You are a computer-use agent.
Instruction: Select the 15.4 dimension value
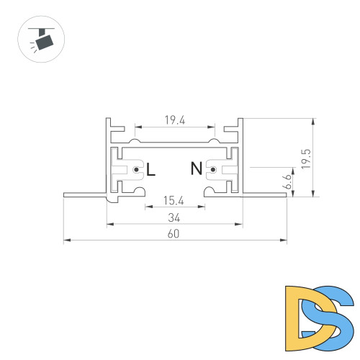[173, 201]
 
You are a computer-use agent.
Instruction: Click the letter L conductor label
[150, 170]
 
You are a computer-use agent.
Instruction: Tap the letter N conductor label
[196, 170]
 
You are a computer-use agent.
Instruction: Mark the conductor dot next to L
[136, 170]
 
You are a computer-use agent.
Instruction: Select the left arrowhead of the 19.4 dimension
[137, 127]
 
